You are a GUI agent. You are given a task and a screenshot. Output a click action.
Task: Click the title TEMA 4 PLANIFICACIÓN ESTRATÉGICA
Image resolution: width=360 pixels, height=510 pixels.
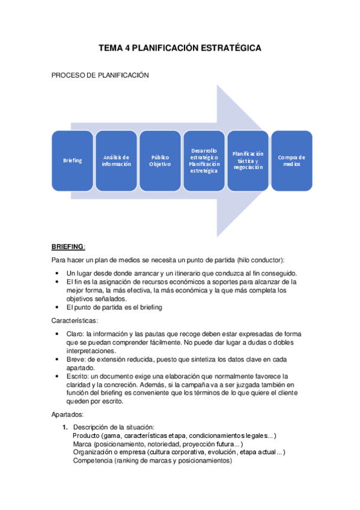tap(180, 48)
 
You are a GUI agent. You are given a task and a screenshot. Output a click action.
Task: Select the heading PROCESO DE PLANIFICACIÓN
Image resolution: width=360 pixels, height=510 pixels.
tap(100, 75)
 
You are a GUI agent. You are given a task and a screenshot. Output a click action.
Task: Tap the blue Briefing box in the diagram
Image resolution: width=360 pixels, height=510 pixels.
tap(72, 161)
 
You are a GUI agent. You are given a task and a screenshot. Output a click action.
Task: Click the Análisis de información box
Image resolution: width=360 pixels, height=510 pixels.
tap(116, 161)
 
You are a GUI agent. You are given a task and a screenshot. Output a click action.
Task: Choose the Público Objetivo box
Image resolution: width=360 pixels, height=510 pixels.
tap(160, 161)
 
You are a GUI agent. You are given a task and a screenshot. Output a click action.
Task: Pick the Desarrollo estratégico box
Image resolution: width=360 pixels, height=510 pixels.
tap(204, 161)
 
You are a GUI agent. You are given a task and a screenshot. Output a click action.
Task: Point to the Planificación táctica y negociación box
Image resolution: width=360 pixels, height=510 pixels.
tap(248, 161)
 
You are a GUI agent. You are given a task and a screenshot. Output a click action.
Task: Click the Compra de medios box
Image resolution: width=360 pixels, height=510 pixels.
tap(291, 161)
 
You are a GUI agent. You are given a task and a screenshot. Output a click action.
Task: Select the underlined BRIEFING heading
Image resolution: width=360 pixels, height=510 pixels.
tap(69, 247)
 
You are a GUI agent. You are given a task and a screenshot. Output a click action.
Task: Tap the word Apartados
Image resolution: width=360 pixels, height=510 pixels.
tap(69, 414)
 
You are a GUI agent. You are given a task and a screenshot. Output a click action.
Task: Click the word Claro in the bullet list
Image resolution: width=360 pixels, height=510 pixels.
tap(76, 334)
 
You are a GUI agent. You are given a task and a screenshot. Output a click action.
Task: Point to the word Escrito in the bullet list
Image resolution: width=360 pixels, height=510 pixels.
tap(78, 376)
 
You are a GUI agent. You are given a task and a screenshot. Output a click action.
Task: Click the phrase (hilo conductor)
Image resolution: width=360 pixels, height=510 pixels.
tap(260, 260)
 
